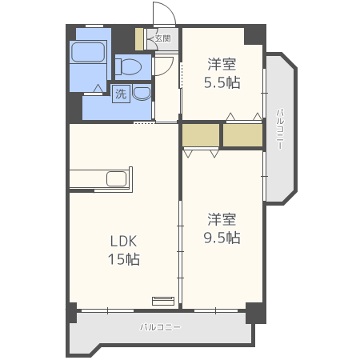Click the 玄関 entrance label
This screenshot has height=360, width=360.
click(x=162, y=38)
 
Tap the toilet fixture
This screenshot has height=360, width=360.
click(x=128, y=66)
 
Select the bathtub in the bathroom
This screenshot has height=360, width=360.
click(x=88, y=52)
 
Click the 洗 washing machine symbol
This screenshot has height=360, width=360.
click(x=121, y=94)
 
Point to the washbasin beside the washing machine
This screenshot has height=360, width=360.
click(x=142, y=94)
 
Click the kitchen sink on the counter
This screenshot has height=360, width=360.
click(x=116, y=178)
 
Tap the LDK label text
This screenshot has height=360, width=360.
click(x=123, y=241)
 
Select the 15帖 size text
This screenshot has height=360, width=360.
click(x=124, y=259)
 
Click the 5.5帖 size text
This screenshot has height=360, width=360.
click(x=222, y=82)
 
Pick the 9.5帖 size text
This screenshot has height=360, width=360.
click(x=222, y=238)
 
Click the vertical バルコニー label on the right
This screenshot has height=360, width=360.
click(x=280, y=129)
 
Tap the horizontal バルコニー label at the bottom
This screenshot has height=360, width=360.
click(x=160, y=327)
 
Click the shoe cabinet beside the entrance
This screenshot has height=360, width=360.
click(x=139, y=39)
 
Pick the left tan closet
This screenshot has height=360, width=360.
click(x=201, y=135)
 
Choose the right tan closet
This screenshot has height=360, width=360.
click(x=242, y=135)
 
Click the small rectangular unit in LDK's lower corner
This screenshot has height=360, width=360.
click(x=163, y=301)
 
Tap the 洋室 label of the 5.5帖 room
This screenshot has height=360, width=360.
click(x=222, y=64)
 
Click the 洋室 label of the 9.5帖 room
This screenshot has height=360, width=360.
click(x=222, y=219)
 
